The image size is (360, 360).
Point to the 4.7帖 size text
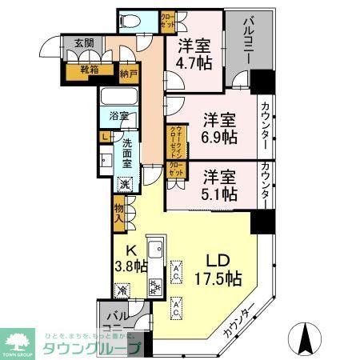[194, 65]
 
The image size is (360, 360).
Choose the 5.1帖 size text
[218, 193]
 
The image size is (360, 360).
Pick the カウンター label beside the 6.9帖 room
[265, 126]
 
